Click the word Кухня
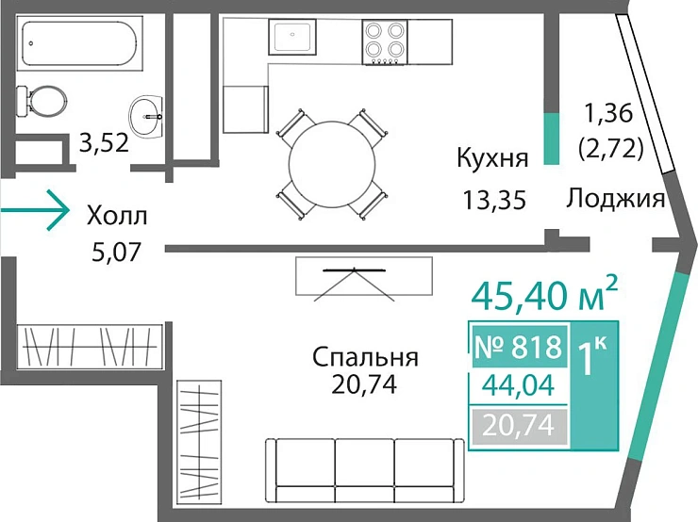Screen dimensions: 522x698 coord(491,157)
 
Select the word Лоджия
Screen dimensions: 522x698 coord(617,200)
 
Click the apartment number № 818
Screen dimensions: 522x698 coord(519,346)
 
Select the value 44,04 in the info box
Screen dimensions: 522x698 coord(519,385)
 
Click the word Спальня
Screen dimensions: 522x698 coord(365,357)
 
